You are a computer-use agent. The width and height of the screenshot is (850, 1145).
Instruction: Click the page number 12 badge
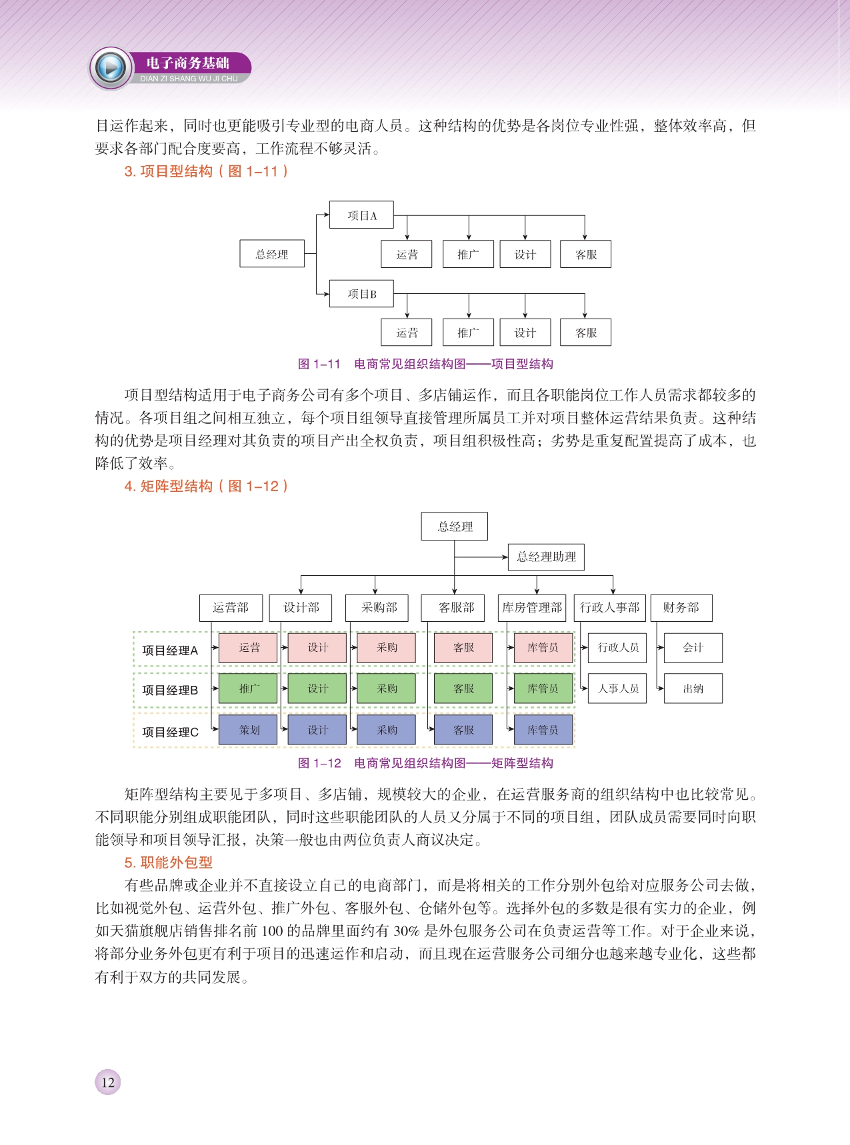108,1082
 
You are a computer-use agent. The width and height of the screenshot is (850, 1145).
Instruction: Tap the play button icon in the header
111,68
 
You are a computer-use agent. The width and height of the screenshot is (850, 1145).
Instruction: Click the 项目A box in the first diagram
361,215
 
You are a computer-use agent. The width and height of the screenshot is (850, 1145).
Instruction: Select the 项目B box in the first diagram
361,294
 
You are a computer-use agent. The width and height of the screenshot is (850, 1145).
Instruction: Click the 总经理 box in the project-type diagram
272,254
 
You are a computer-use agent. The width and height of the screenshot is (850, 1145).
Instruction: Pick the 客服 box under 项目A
586,255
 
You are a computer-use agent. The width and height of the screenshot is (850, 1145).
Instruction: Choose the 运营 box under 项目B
407,333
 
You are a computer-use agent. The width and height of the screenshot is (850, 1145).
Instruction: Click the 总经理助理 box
546,557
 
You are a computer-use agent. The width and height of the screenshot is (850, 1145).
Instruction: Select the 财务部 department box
681,607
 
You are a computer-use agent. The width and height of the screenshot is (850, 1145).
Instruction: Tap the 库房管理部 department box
532,607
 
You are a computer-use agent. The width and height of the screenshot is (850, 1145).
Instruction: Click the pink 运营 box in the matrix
249,648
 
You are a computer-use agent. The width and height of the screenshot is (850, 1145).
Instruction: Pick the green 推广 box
249,688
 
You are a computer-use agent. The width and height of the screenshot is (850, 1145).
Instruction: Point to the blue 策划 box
249,730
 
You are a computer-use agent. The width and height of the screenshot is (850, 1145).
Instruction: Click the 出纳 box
693,688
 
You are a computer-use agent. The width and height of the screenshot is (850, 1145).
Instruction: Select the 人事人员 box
617,688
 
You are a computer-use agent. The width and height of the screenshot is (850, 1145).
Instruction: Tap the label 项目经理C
170,732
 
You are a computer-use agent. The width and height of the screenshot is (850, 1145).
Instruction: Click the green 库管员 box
543,688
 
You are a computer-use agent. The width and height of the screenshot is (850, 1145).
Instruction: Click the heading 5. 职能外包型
168,862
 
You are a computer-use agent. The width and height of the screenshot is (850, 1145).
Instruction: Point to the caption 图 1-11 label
319,364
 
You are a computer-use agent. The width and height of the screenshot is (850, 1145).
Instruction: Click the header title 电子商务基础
187,63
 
